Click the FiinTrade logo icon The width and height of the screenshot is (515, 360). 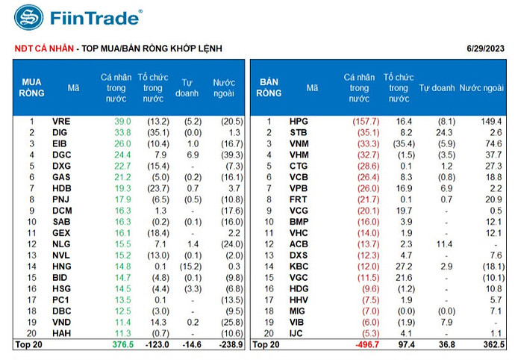28,18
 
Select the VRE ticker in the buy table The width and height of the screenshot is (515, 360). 60,121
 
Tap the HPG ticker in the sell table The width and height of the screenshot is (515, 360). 298,121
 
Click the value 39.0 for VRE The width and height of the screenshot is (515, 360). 122,121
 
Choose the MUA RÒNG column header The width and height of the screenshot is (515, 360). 31,87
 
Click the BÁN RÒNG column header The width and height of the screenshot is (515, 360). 269,87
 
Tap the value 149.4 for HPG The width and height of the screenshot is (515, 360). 492,121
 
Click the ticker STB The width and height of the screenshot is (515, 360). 298,132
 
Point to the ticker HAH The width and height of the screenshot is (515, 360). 60,333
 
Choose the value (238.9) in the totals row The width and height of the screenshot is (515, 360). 228,344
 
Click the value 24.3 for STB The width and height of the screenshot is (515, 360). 446,132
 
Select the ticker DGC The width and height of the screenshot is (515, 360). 60,155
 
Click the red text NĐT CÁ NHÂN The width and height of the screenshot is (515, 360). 44,49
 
